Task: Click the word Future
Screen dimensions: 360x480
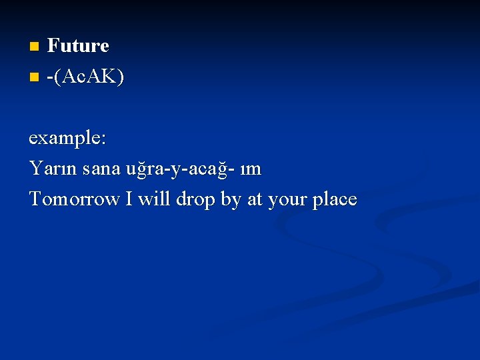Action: pos(78,46)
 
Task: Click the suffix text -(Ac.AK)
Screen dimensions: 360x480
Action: pos(85,77)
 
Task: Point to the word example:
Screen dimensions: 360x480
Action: pos(67,139)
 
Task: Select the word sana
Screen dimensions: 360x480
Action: pos(101,169)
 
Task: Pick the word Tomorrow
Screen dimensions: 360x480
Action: pos(74,199)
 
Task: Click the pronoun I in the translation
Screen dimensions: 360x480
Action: pos(129,199)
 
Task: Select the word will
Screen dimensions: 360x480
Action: pos(154,199)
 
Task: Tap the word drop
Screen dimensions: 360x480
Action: pos(195,199)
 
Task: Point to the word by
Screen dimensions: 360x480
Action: pos(230,199)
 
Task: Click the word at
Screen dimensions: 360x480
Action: pos(255,199)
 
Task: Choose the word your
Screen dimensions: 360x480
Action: pos(287,199)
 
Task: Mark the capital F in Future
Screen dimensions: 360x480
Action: pos(53,46)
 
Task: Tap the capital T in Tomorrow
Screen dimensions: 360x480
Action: pos(35,199)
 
